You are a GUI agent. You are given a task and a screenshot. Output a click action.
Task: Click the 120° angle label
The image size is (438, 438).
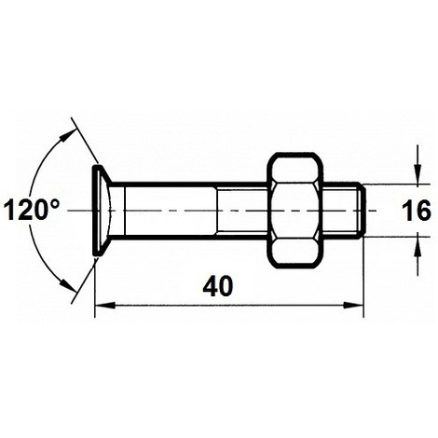(x=31, y=211)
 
